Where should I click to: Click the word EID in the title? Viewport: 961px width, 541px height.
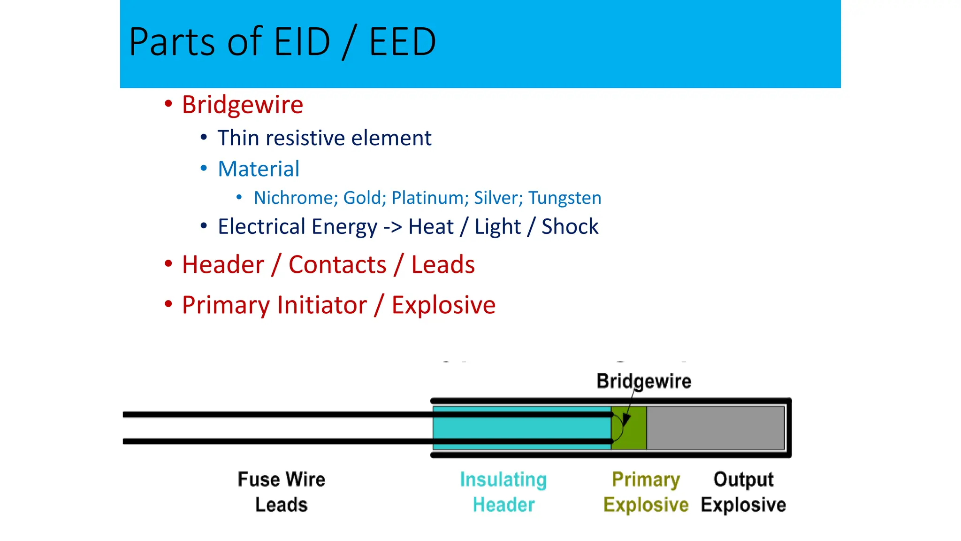[302, 42]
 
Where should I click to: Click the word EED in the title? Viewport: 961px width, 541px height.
[403, 42]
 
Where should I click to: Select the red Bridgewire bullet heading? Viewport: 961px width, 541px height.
[242, 105]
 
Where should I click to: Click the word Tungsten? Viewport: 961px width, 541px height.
[564, 198]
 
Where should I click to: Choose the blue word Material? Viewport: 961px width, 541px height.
[259, 169]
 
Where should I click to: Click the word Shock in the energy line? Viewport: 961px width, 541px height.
[570, 226]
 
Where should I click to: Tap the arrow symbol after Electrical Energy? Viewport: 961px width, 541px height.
[393, 227]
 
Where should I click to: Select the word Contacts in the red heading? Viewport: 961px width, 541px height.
[337, 264]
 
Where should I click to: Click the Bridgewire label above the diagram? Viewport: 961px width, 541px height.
[643, 381]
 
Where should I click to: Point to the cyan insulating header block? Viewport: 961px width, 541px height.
[521, 428]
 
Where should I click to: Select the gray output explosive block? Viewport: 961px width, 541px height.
[715, 428]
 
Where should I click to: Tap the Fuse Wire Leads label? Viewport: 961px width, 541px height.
[281, 492]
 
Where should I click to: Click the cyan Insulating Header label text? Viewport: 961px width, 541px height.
[503, 492]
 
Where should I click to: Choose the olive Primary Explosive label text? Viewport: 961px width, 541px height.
[646, 492]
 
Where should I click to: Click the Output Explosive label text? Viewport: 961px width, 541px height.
[743, 492]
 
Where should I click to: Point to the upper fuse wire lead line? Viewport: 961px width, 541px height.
[277, 414]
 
